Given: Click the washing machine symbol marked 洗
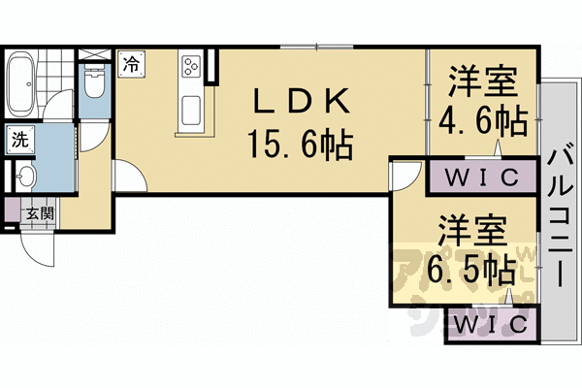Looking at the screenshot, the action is point(20,139).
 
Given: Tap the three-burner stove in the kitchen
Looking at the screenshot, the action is point(189,68).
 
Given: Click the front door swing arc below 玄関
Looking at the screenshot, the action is point(39,247).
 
